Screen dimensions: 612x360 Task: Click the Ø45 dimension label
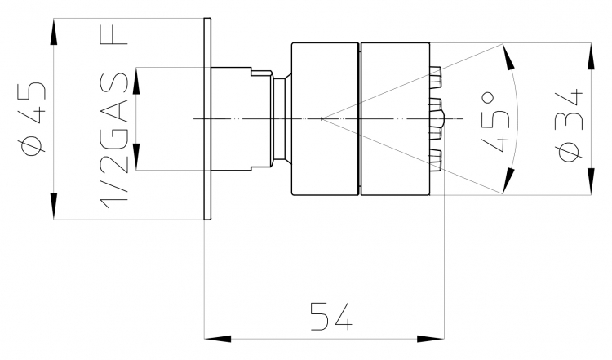tap(33, 118)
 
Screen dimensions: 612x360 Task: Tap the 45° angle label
tap(495, 122)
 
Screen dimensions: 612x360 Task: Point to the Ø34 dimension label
tap(570, 125)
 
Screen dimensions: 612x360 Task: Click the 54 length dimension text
tap(331, 316)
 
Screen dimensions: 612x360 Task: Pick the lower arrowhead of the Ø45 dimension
tap(54, 206)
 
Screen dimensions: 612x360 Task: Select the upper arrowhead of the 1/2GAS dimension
tap(136, 81)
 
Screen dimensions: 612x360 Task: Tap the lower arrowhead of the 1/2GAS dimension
tap(136, 157)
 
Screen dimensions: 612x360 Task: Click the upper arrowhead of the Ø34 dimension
tap(592, 56)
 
